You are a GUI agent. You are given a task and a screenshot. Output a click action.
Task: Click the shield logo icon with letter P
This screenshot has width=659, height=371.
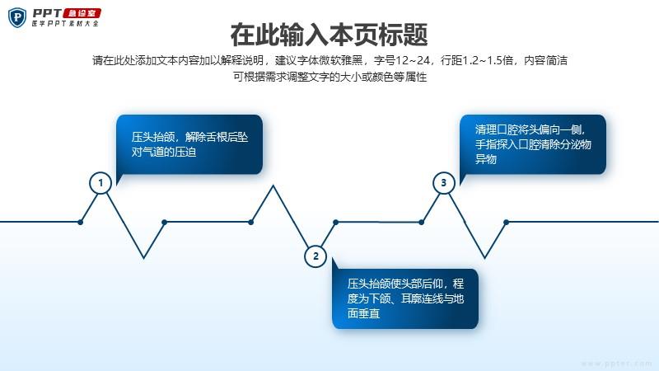[x=17, y=17]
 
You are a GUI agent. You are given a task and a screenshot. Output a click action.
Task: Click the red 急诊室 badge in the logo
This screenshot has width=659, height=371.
[x=82, y=13]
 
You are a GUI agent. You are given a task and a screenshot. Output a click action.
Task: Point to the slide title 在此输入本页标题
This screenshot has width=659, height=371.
[x=329, y=35]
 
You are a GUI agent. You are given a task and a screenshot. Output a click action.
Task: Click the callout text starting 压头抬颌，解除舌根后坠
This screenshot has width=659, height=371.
[x=189, y=144]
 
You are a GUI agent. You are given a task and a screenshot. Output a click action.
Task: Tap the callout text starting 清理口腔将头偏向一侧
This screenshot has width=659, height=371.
[x=533, y=144]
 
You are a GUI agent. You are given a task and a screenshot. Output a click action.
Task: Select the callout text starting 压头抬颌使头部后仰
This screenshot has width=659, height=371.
[x=405, y=298]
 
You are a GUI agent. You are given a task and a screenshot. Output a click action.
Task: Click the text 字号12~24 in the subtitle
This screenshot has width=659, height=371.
[x=402, y=60]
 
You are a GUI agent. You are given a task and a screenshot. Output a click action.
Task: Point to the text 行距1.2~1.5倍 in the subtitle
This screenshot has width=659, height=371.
[x=477, y=60]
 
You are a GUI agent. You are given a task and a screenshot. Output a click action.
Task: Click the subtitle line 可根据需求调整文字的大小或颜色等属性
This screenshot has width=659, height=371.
[x=330, y=77]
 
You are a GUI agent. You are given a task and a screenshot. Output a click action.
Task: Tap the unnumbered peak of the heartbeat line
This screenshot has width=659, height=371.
[x=273, y=185]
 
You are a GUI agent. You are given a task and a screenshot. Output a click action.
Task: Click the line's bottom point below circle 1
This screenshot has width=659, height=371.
[x=143, y=258]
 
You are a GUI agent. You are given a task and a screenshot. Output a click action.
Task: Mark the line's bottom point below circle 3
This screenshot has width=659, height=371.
[x=484, y=258]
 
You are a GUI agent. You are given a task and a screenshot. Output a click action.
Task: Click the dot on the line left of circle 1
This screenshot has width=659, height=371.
[x=80, y=222]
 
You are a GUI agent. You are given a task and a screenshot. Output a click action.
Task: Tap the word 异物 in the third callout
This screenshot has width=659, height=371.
[x=486, y=159]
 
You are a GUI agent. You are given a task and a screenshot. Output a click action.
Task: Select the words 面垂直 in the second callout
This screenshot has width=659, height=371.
[x=363, y=313]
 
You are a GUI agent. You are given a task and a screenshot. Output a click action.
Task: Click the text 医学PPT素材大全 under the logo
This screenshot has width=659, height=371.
[x=65, y=24]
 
